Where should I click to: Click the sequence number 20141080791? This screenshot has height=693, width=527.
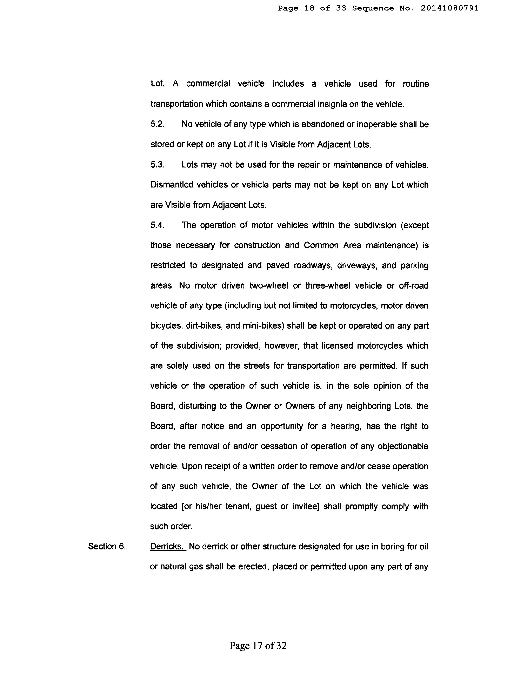(449, 8)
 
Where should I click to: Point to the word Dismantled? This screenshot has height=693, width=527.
(172, 185)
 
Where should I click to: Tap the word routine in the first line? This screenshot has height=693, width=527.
(416, 84)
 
